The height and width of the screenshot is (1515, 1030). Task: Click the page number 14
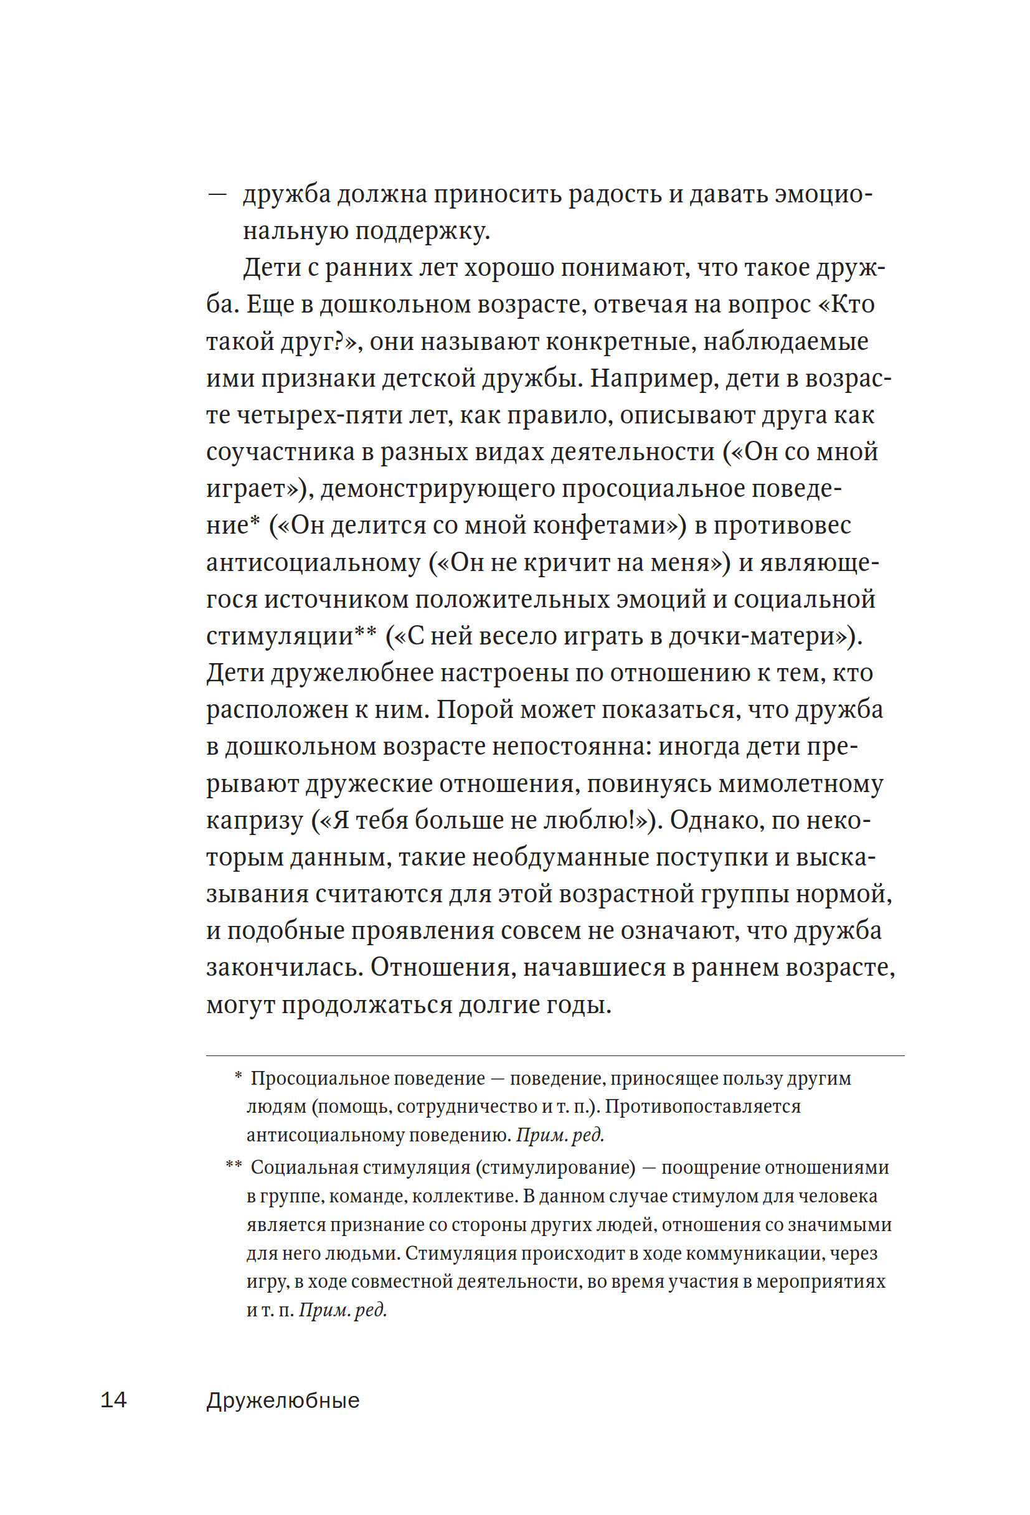point(113,1400)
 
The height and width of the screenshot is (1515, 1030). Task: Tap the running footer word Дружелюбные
point(283,1400)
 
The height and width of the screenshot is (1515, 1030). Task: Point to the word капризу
point(255,820)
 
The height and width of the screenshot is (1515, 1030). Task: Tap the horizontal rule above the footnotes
point(555,1055)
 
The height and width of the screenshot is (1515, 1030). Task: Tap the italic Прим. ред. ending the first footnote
point(560,1135)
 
